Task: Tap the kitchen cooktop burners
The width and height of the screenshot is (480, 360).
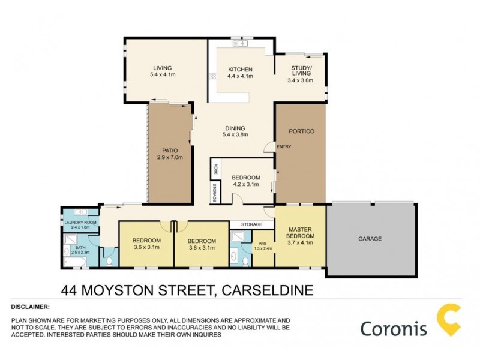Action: (212, 76)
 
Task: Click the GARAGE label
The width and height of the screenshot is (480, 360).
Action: (370, 239)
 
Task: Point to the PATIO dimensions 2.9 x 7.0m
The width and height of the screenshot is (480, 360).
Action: (169, 157)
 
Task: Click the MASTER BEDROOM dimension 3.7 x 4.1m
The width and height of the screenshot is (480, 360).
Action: (301, 243)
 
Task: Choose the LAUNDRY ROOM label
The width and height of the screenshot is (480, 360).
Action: (80, 223)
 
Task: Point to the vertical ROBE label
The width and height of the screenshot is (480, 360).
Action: (214, 170)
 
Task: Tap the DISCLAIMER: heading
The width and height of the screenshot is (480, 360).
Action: (31, 307)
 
